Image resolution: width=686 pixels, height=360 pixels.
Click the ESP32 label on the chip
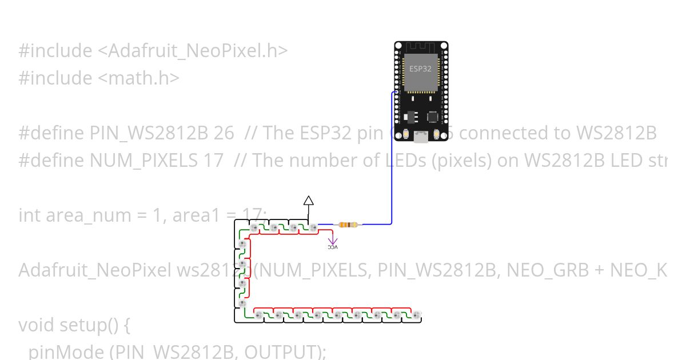[x=420, y=68]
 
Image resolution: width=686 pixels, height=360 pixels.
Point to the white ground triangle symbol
[x=309, y=200]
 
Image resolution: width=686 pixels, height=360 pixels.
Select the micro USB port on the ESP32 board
[x=421, y=137]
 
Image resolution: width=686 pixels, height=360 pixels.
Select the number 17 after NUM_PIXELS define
[x=213, y=161]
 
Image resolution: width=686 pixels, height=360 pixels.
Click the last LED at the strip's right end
[x=416, y=315]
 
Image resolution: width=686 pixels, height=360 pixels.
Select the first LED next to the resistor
[x=313, y=228]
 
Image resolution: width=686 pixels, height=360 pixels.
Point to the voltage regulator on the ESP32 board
[x=406, y=116]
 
